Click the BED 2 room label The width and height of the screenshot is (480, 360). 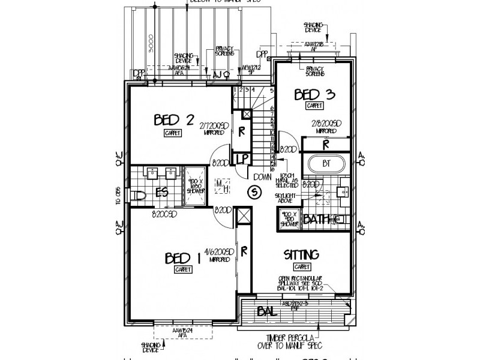(x=173, y=119)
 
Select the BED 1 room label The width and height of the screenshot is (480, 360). (x=182, y=259)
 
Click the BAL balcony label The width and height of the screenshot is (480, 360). (x=267, y=311)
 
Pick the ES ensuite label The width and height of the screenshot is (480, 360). (x=161, y=193)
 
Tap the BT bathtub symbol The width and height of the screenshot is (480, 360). (x=326, y=163)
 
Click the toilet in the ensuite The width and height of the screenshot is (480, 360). (x=139, y=195)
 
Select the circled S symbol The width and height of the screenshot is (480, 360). (x=254, y=192)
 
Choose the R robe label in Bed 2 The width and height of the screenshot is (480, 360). (x=241, y=130)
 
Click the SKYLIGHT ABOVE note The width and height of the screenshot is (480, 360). (x=289, y=199)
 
